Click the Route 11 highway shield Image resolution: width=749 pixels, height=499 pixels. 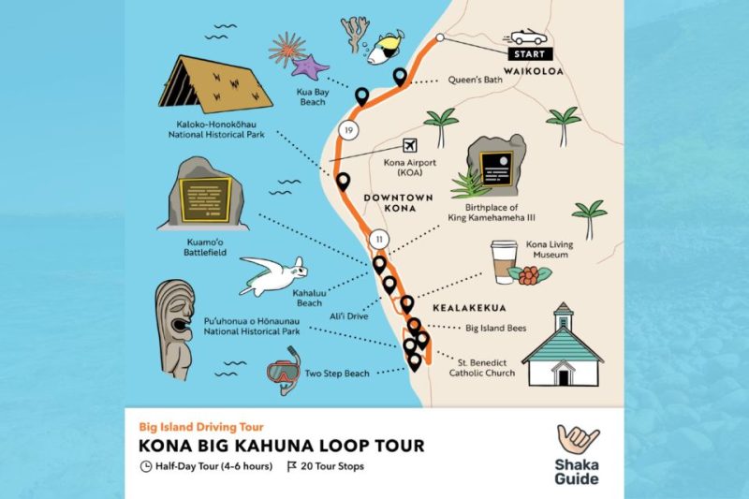pyautogui.click(x=378, y=239)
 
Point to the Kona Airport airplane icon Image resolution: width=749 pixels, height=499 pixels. pyautogui.click(x=409, y=145)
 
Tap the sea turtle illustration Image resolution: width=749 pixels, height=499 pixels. pyautogui.click(x=274, y=275)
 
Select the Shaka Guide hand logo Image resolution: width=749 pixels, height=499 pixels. pyautogui.click(x=578, y=443)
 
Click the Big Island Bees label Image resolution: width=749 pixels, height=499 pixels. pyautogui.click(x=496, y=329)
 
